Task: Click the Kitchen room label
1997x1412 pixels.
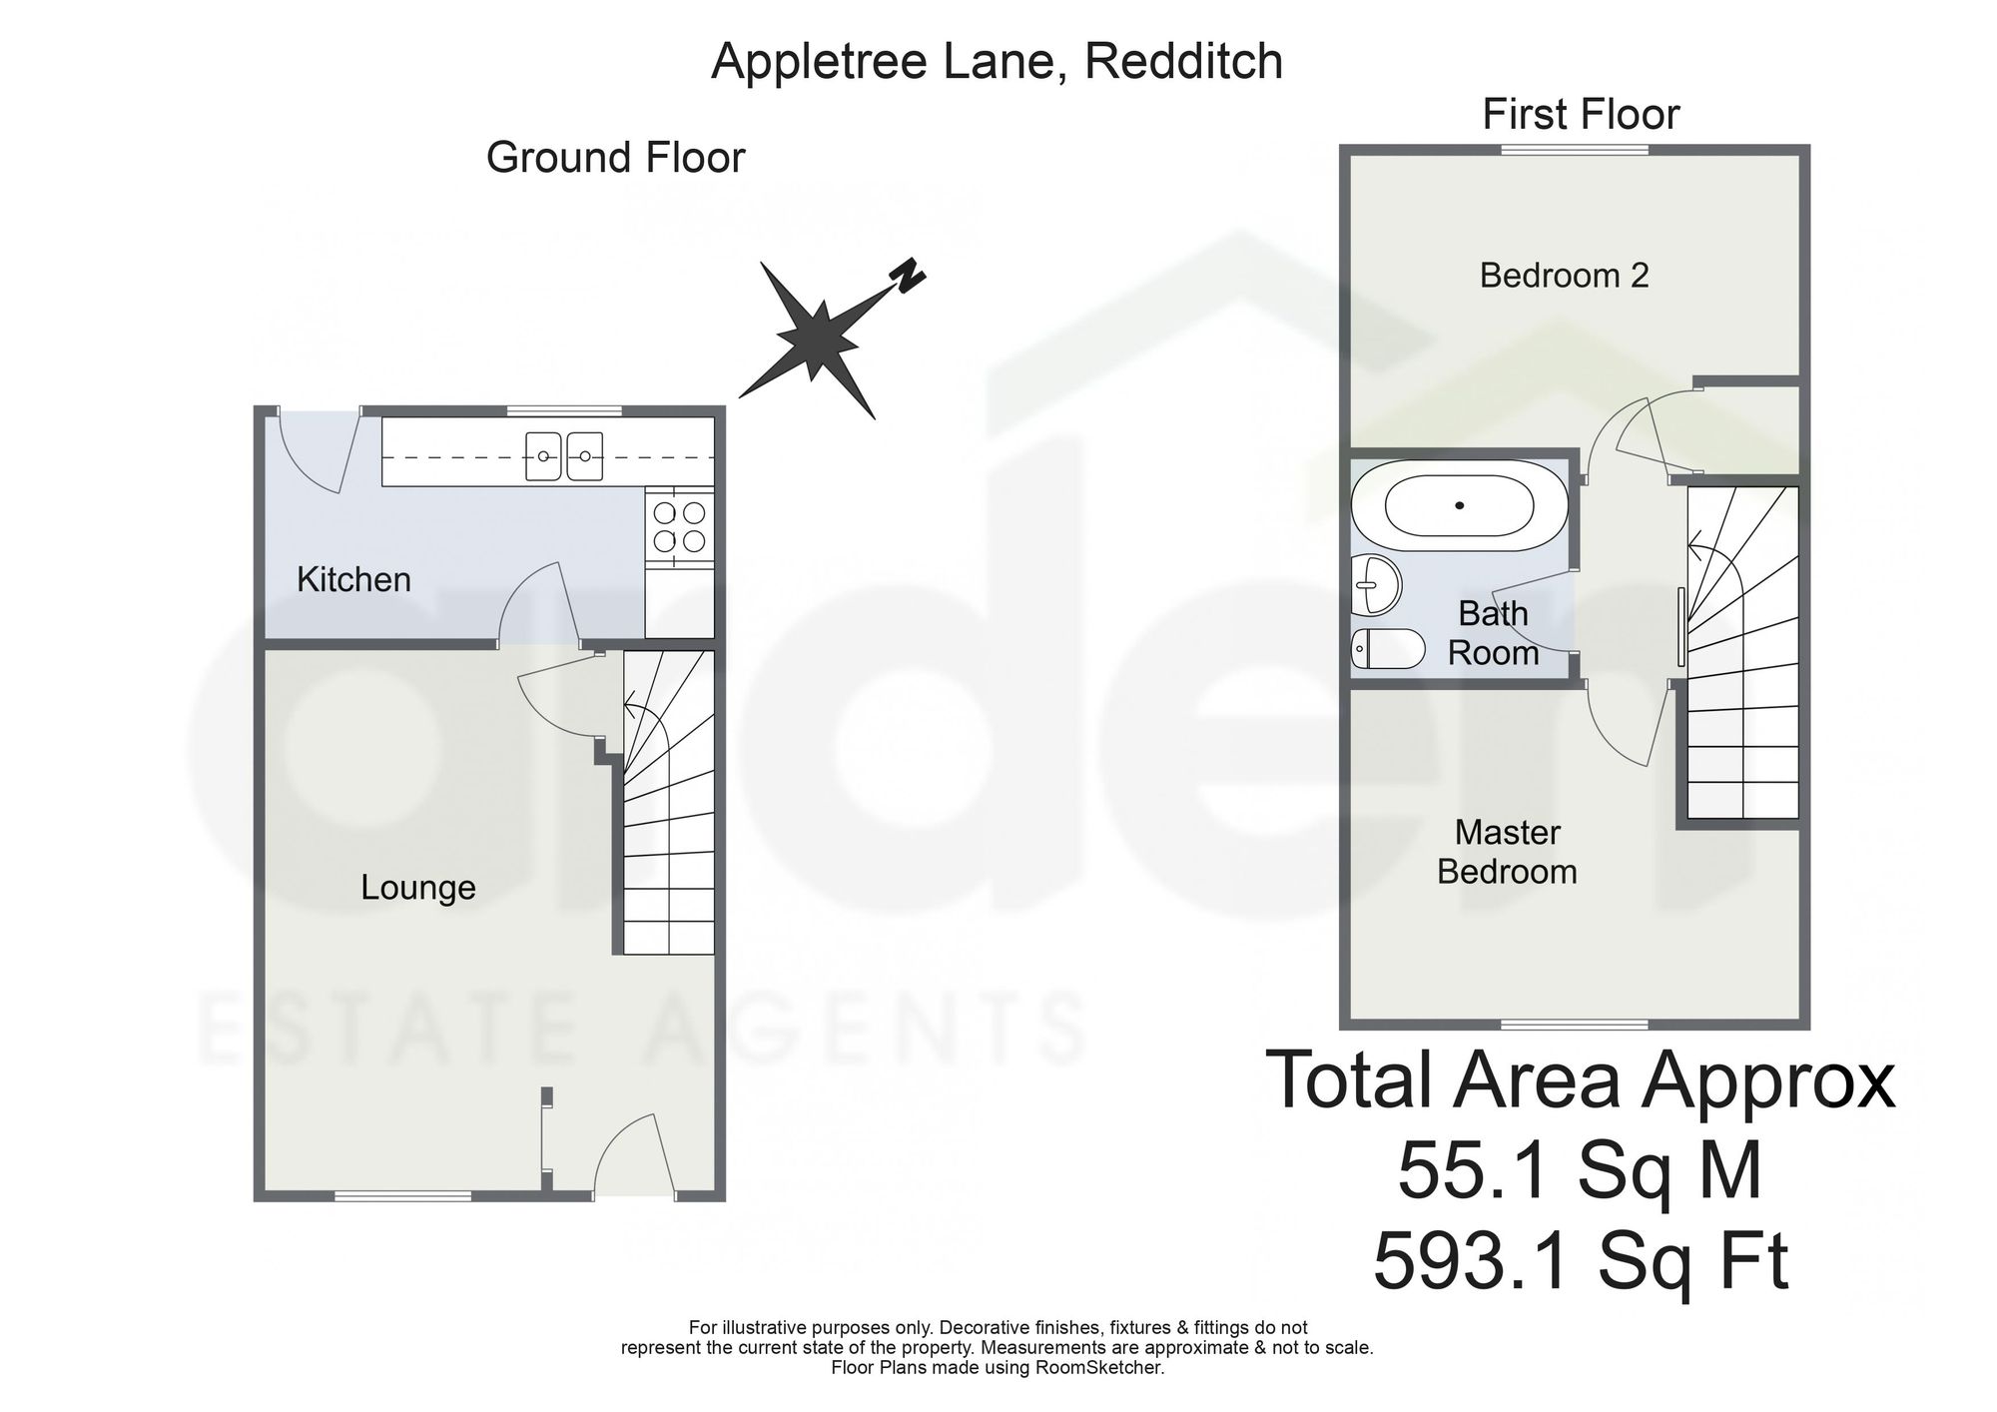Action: (x=353, y=579)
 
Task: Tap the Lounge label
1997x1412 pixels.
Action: (x=418, y=888)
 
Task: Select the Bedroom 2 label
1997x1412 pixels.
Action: (x=1564, y=275)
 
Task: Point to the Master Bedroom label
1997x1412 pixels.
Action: (x=1507, y=852)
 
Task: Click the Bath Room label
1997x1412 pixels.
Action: (x=1493, y=633)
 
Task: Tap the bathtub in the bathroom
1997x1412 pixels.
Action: (x=1460, y=505)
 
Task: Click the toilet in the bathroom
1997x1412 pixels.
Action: (x=1388, y=649)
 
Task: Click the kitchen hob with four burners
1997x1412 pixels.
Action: (x=679, y=527)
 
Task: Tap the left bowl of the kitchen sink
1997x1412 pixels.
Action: (x=544, y=456)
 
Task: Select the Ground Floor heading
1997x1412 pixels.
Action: (x=615, y=158)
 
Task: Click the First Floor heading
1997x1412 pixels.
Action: (x=1581, y=114)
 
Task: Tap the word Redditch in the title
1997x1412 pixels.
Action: (x=1183, y=62)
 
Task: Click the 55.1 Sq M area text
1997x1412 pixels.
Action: (x=1581, y=1172)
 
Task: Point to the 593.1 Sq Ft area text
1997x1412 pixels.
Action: (x=1581, y=1262)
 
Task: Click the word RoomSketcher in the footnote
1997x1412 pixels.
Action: (x=1107, y=1368)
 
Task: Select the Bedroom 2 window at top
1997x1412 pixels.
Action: (x=1575, y=150)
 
